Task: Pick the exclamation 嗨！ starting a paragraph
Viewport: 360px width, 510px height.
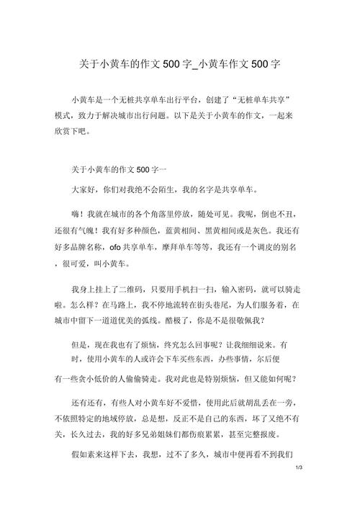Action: tap(78, 215)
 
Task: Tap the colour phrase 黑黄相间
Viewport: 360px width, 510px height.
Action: tap(245, 231)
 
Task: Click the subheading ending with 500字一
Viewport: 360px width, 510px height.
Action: tap(118, 170)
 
